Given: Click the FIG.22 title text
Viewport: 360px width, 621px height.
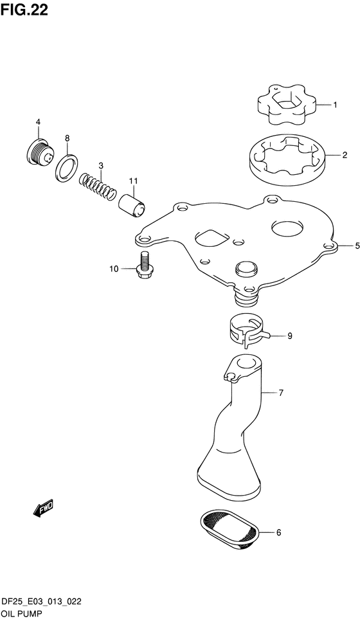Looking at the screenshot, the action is (x=24, y=10).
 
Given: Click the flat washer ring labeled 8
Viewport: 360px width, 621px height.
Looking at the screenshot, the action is (x=66, y=168).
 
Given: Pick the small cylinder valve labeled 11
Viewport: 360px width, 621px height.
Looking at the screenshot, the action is (x=132, y=205).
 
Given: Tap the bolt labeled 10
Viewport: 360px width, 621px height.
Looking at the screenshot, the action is (x=143, y=265).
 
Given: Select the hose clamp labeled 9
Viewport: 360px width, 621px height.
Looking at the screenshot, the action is (x=246, y=331).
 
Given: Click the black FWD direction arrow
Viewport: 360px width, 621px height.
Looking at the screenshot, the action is (x=43, y=507).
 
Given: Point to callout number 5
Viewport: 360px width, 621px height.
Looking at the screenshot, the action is (x=357, y=246).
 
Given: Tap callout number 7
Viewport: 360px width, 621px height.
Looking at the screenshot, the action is (x=281, y=393).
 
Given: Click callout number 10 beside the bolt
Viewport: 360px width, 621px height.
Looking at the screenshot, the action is (x=114, y=269).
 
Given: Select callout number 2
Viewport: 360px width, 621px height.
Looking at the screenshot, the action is (x=345, y=155).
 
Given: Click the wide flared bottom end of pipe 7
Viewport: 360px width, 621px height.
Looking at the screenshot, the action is (x=228, y=482).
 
